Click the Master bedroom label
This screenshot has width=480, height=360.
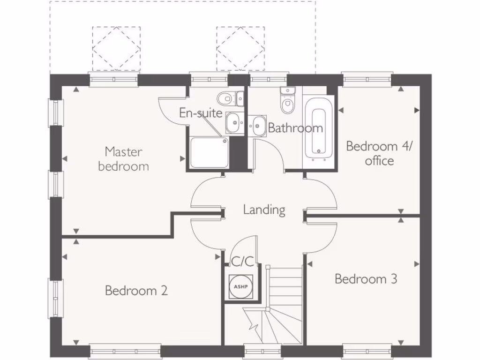click(x=123, y=159)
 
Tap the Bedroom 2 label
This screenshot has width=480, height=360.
click(x=136, y=291)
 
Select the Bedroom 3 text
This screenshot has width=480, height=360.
click(x=366, y=279)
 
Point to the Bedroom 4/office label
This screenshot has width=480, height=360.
click(x=379, y=153)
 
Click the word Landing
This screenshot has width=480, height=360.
click(x=264, y=210)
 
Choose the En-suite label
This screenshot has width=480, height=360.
click(x=200, y=113)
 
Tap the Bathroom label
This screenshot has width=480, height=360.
click(x=295, y=127)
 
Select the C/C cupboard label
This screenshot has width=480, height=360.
click(x=242, y=262)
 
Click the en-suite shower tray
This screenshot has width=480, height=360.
click(x=210, y=152)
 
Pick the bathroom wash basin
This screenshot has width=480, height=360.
click(x=257, y=125)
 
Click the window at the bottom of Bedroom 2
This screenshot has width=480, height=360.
click(x=125, y=351)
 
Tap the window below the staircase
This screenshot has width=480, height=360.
click(x=262, y=351)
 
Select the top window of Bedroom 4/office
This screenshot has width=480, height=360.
click(x=367, y=79)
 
